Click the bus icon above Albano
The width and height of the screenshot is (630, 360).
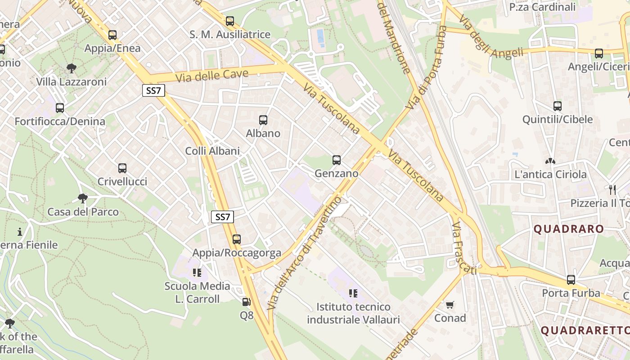pyautogui.click(x=263, y=120)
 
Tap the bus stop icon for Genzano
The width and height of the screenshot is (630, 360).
pyautogui.click(x=337, y=160)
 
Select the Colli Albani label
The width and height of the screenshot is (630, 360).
pyautogui.click(x=212, y=151)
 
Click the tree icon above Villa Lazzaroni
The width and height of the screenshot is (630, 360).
pyautogui.click(x=71, y=68)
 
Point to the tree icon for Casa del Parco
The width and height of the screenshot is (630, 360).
pyautogui.click(x=83, y=198)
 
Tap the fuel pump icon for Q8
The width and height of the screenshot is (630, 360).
pyautogui.click(x=246, y=302)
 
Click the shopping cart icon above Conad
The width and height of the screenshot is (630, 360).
pyautogui.click(x=450, y=305)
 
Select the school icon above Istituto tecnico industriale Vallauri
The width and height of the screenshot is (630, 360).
pyautogui.click(x=353, y=293)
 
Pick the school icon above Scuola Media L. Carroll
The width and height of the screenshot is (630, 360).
pyautogui.click(x=197, y=273)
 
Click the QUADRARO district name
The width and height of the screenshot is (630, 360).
pyautogui.click(x=569, y=229)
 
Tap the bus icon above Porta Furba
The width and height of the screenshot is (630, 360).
pyautogui.click(x=571, y=280)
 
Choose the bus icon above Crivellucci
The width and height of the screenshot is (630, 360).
pyautogui.click(x=122, y=168)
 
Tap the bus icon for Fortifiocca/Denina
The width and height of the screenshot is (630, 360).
pyautogui.click(x=60, y=108)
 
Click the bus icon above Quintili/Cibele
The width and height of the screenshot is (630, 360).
pyautogui.click(x=558, y=106)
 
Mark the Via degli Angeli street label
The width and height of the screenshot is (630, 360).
pyautogui.click(x=491, y=41)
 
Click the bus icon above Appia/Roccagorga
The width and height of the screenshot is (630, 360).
pyautogui.click(x=237, y=239)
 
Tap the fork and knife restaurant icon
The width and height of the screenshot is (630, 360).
pyautogui.click(x=612, y=189)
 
